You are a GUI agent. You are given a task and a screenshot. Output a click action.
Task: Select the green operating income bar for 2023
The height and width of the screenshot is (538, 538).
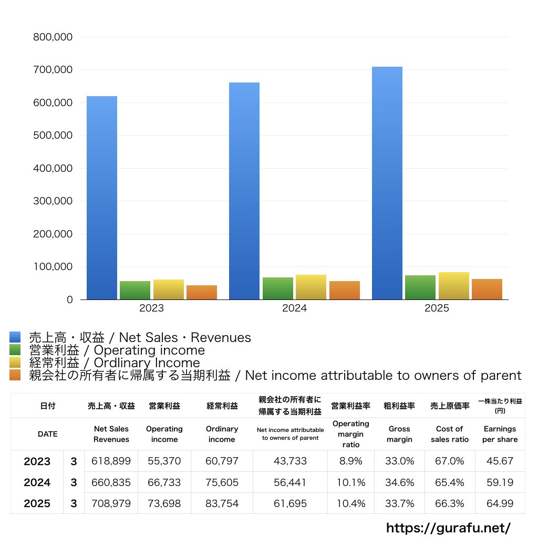coord(135,290)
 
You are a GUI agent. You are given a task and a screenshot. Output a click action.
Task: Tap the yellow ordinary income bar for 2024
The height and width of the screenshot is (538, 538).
coord(311,287)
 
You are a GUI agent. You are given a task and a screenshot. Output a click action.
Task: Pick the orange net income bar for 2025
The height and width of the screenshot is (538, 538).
coord(487,289)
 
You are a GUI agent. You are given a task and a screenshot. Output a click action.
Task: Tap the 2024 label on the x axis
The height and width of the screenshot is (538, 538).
coord(294,308)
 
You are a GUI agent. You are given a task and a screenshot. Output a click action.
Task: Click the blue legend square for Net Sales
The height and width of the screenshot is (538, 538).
coord(15,337)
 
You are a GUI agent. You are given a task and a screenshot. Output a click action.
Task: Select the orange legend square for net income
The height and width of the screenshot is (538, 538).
coord(15,375)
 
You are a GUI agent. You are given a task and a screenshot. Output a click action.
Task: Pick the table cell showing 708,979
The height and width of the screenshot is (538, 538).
coord(111,503)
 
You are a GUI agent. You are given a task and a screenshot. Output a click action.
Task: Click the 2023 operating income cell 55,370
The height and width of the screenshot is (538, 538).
coord(164,461)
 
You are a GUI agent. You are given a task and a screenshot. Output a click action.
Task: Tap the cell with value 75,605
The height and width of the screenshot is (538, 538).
coord(222,482)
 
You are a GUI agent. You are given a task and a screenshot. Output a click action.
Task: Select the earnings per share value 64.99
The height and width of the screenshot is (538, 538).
coord(500,503)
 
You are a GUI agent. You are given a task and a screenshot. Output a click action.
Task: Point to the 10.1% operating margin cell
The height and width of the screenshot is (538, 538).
coord(351,482)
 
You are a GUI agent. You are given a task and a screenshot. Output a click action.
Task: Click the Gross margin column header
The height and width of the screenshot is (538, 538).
coord(399,434)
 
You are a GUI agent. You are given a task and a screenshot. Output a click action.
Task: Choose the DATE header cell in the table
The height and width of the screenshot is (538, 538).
coord(47,434)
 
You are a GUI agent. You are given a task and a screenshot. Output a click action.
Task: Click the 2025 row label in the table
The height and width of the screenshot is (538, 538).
coord(37,503)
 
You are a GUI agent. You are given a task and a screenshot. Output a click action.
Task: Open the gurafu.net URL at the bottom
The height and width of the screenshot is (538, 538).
coord(449,527)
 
